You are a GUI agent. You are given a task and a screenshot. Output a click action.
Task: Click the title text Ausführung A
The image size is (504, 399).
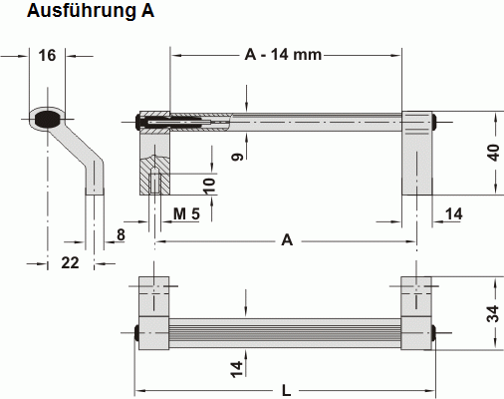point(78,13)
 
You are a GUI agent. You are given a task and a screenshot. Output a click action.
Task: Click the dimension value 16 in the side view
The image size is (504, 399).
point(47,55)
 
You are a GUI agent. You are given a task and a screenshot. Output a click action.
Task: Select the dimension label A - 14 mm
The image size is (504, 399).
point(283,54)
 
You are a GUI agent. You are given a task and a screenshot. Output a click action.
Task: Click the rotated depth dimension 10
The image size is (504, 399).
point(208,185)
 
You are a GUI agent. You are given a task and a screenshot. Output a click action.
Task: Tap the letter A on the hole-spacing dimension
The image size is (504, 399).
point(288,239)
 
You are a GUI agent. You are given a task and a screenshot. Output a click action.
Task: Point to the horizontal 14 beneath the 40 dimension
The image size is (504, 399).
point(454,213)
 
